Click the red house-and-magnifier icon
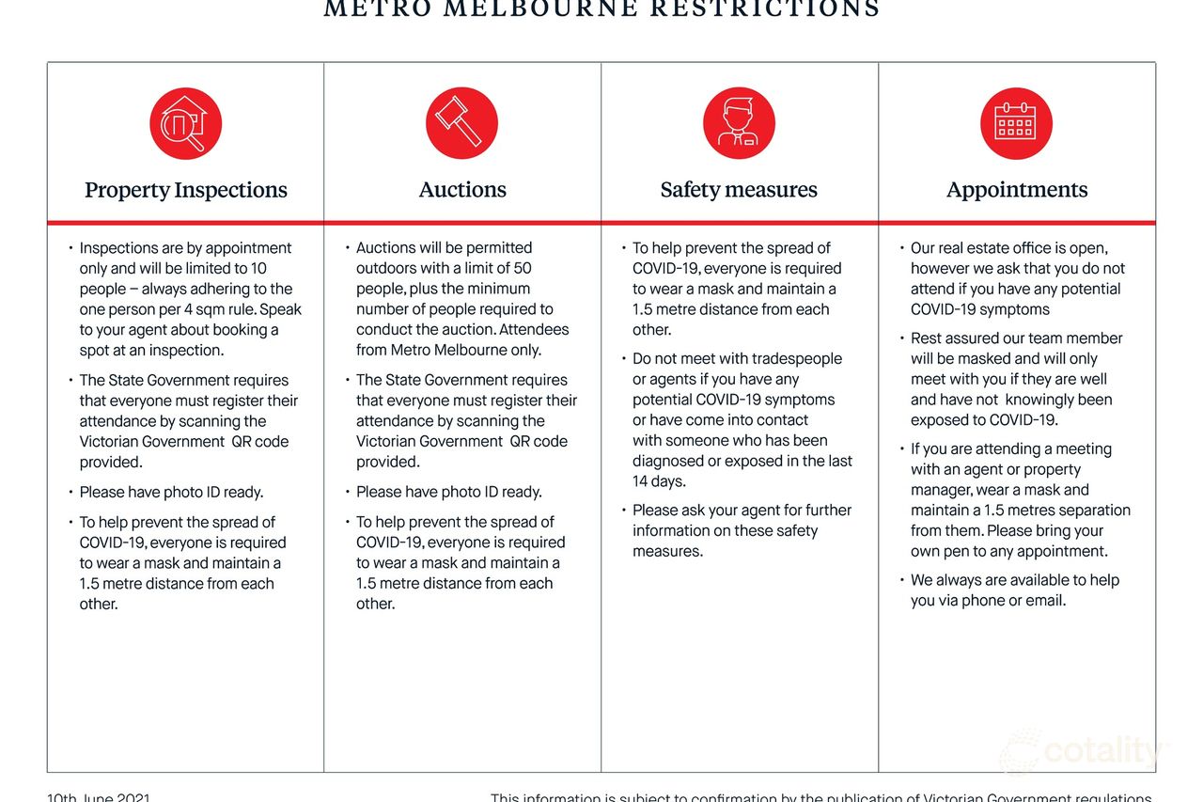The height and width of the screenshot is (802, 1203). [185, 123]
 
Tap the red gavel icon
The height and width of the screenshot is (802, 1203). [461, 123]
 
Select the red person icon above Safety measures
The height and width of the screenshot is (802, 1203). [739, 123]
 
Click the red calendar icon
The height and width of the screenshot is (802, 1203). [1016, 123]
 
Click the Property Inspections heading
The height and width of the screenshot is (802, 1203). [186, 190]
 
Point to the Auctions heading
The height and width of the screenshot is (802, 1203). [462, 190]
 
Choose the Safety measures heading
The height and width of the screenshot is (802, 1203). [739, 190]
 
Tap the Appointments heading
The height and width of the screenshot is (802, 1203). [1017, 190]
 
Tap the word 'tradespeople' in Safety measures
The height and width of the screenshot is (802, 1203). [785, 359]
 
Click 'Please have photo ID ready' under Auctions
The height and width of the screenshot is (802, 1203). [449, 493]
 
